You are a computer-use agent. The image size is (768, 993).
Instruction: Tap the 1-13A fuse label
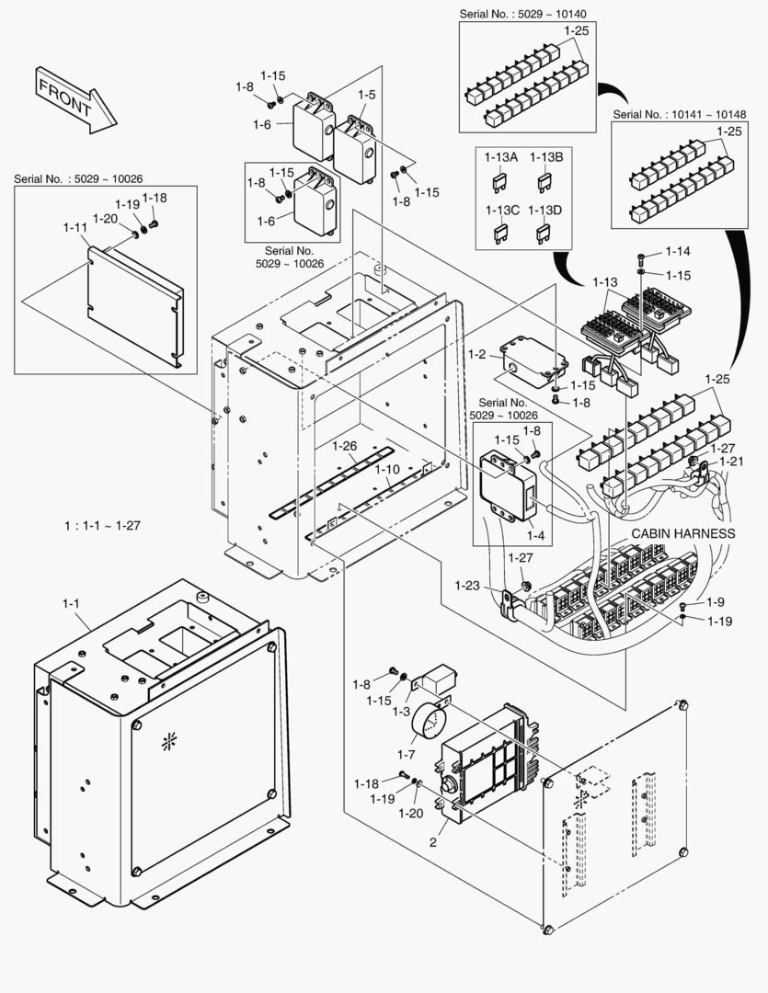point(501,157)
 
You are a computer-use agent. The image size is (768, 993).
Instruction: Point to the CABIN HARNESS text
point(682,533)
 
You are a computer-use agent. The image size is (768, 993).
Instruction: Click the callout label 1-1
point(71,603)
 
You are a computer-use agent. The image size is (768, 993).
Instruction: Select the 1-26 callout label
point(344,446)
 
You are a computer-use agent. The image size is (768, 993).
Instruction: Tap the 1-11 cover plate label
point(75,227)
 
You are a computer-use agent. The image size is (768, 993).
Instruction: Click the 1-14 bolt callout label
point(678,251)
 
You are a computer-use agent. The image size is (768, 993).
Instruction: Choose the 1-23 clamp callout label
point(467,585)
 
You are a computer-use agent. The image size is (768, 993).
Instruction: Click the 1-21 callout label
point(732,461)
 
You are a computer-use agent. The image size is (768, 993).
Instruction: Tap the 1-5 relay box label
point(366,95)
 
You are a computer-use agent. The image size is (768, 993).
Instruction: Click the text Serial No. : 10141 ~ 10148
point(679,114)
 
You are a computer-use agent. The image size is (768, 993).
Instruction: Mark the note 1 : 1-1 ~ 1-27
point(102,526)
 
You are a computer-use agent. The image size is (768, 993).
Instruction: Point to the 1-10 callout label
point(387,469)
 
